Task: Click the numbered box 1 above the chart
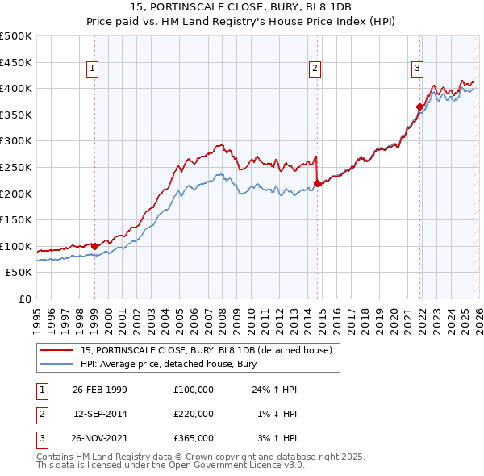[x=94, y=69]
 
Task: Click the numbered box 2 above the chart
[x=315, y=69]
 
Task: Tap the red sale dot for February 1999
[x=94, y=246]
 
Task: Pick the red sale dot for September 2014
[x=317, y=183]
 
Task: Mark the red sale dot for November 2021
[x=420, y=106]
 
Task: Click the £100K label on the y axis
[x=17, y=246]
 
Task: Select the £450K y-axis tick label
[x=17, y=62]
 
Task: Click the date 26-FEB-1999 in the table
[x=100, y=389]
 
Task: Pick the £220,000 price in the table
[x=194, y=414]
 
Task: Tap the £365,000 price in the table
[x=194, y=438]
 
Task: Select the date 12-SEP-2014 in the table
[x=100, y=414]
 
